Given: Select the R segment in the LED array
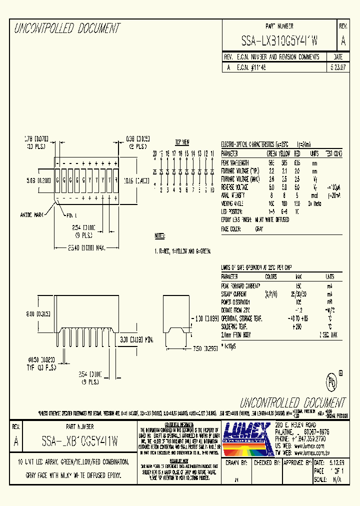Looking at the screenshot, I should tap(116, 179).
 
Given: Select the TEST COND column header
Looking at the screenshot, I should tap(334, 153).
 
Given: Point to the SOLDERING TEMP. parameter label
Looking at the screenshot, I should tap(238, 326).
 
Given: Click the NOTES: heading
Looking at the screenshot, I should tap(160, 235).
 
